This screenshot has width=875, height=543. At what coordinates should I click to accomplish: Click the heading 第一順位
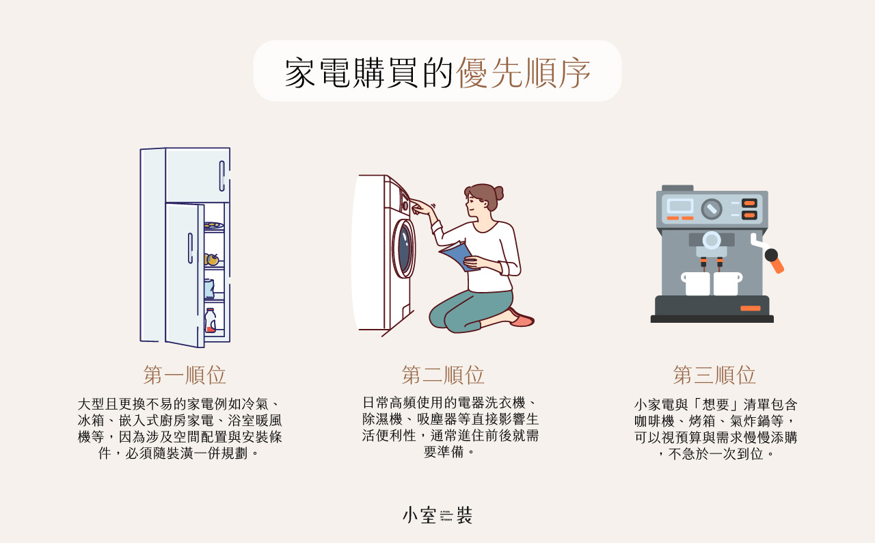tap(185, 375)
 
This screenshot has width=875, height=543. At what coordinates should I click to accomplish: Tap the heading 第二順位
tap(443, 375)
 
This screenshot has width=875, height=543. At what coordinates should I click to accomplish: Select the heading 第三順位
tap(714, 375)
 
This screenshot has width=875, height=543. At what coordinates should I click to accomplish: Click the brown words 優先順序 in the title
tap(523, 72)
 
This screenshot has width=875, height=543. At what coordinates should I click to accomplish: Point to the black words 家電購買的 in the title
tap(369, 72)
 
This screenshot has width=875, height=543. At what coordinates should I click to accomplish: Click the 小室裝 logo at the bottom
tap(437, 515)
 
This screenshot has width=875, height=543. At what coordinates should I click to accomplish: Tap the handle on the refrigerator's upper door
tap(222, 176)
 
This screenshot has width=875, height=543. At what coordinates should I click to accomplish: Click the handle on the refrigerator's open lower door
tap(190, 248)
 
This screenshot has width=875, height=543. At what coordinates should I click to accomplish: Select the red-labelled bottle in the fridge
tap(210, 321)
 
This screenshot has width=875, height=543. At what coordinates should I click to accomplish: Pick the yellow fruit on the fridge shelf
tap(212, 259)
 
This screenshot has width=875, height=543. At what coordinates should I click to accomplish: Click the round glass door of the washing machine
tap(404, 249)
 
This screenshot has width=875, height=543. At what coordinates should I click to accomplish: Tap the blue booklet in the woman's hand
tap(457, 256)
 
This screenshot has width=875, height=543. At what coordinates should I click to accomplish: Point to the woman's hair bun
tap(499, 193)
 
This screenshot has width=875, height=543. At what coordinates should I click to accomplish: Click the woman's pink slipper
tap(522, 320)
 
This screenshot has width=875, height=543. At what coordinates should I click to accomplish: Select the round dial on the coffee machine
tap(712, 209)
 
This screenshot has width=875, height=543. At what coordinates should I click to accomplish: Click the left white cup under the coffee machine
tap(696, 283)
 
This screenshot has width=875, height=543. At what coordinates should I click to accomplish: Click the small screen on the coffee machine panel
tap(680, 206)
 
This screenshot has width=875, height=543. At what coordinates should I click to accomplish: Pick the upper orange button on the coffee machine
tap(749, 203)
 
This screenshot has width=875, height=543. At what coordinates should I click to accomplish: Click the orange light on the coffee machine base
tap(751, 308)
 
